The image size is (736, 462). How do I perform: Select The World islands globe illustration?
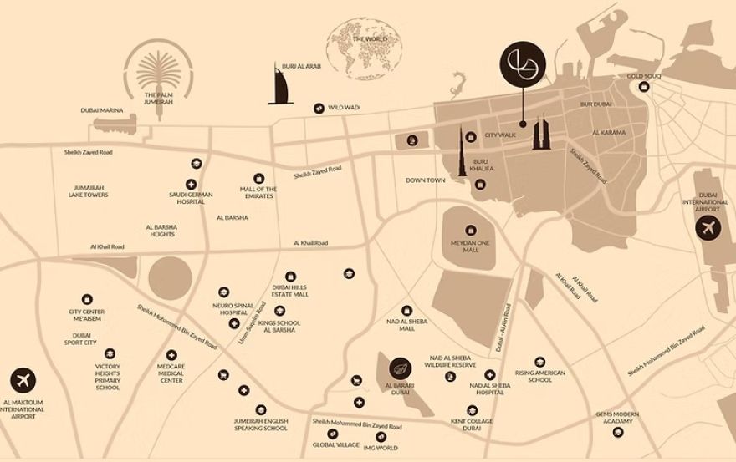point(365,48)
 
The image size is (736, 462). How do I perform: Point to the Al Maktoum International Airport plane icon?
point(23,381)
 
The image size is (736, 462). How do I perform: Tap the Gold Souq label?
point(644,76)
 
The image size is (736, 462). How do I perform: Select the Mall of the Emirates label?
point(258,194)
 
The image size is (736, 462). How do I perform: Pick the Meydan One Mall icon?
point(471,230)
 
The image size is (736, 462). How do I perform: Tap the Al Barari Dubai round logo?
point(400,367)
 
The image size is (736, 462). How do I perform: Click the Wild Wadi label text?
point(344,108)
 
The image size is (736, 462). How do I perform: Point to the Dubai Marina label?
point(102,110)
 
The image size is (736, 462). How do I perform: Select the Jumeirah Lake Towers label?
point(88,191)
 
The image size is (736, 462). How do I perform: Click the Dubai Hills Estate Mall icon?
point(290,277)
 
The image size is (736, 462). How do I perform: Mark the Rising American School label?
point(540,376)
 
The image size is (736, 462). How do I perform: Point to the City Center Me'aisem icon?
point(87,299)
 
